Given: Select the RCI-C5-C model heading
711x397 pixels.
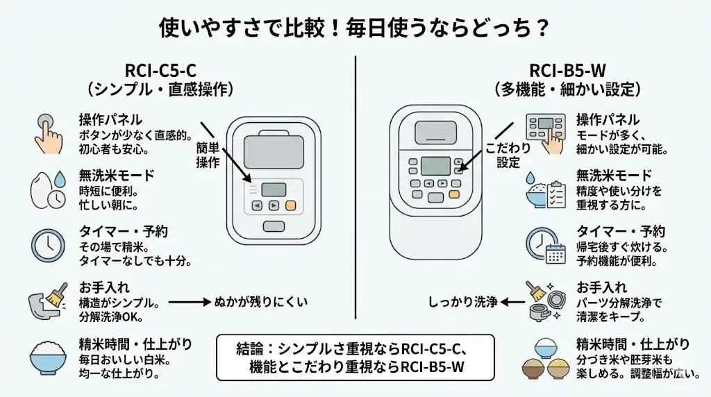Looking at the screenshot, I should click(161, 71).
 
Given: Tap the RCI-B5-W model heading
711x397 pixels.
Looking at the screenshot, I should click(566, 71).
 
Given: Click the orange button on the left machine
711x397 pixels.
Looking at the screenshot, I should click(291, 205).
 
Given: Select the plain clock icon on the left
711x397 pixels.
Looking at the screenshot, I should click(48, 244).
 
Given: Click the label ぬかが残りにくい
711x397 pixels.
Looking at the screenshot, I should click(260, 302).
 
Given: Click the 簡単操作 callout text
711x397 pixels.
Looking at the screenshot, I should click(208, 155).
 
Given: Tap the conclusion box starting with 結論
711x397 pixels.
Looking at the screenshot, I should click(355, 358).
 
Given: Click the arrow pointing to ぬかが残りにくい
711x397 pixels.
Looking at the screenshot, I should click(189, 302).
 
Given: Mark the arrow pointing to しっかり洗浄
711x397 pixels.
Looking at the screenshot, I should click(515, 302).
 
